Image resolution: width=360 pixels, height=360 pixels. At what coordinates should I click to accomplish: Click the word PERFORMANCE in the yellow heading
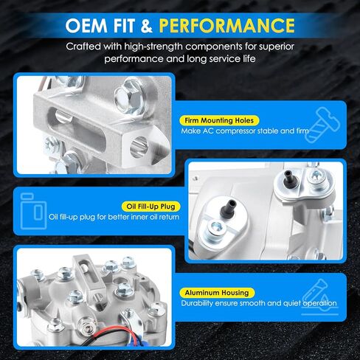coord(226,25)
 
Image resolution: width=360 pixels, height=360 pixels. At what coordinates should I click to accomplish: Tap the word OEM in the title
coord(86,25)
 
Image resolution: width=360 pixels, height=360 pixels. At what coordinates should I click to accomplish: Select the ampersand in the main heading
coord(147,26)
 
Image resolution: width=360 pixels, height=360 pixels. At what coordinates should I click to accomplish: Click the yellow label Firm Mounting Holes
coord(219,120)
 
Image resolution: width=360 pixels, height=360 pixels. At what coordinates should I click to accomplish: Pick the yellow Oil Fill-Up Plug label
coord(150,207)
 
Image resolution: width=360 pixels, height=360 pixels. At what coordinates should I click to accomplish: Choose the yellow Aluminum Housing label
coord(217,293)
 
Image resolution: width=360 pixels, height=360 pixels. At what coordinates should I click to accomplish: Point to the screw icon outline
coord(322,125)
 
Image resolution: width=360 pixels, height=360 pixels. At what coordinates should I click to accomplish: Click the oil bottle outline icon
coord(33,211)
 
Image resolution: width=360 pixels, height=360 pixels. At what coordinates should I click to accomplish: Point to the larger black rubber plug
coord(229,209)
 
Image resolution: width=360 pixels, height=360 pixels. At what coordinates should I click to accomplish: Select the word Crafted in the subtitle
coord(83,46)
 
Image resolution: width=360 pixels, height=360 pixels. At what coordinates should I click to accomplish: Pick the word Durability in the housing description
coord(197,303)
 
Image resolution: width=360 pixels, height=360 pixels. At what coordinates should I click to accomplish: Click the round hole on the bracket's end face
coord(139,147)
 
